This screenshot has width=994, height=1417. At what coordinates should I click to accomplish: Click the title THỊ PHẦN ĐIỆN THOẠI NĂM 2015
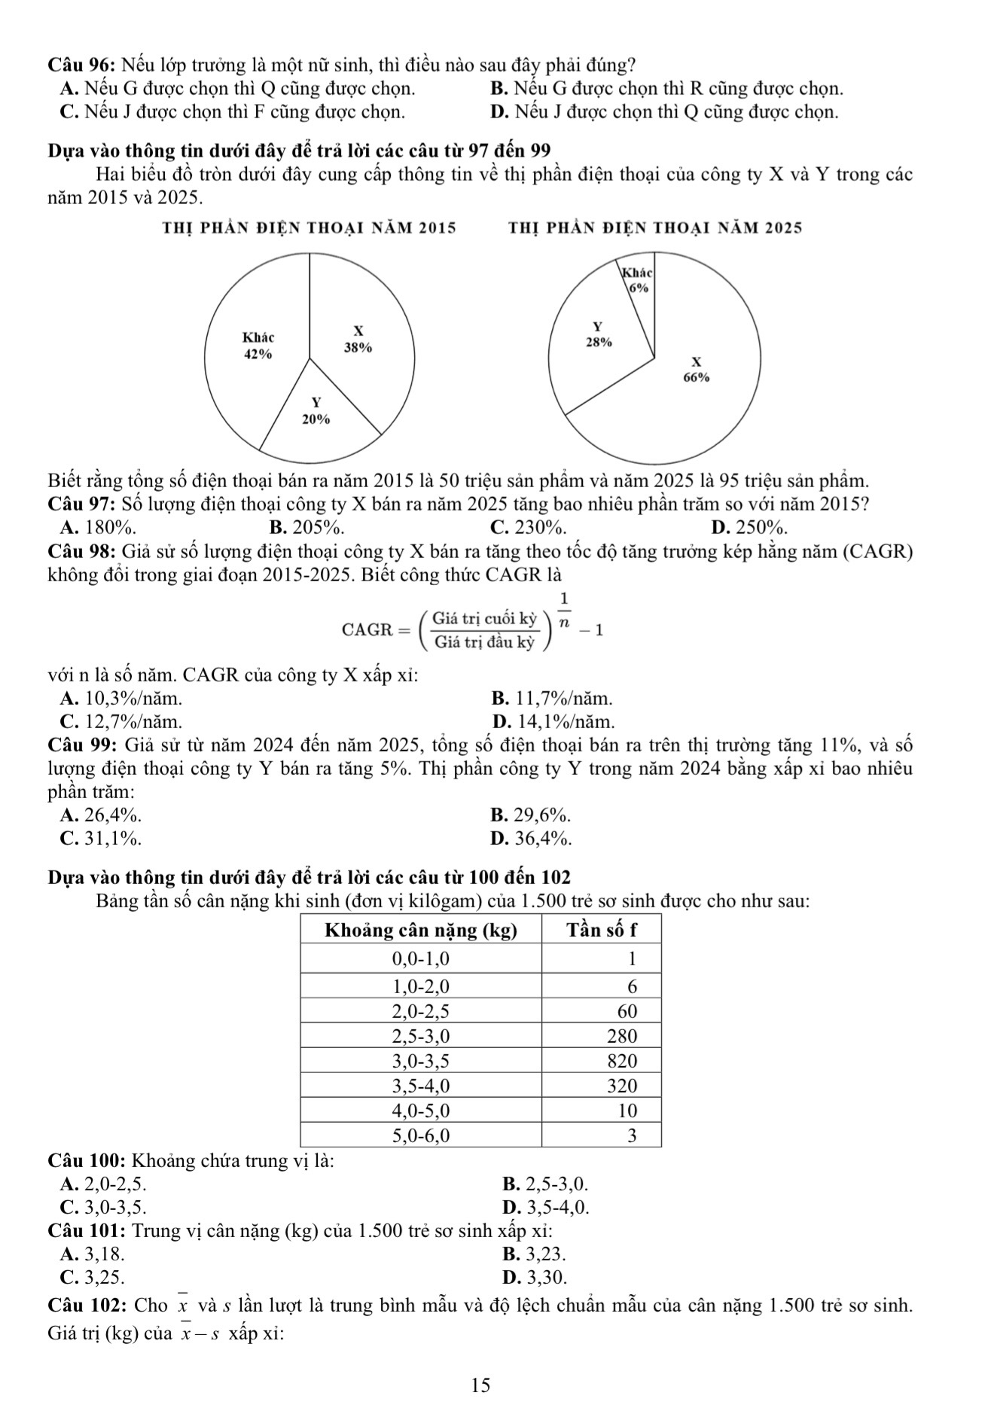point(309,227)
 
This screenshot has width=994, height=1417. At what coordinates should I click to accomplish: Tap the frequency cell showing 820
point(623,1061)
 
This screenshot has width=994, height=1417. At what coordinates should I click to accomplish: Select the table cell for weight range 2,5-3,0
point(421,1035)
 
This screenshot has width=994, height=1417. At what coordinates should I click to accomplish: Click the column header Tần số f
point(602,931)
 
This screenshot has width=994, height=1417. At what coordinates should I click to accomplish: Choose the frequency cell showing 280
point(623,1035)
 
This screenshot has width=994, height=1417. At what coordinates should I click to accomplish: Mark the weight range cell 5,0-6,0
point(421,1135)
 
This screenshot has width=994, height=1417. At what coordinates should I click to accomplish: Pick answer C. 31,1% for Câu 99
point(101,837)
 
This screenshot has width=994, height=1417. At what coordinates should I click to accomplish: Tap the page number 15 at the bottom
point(480,1385)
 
